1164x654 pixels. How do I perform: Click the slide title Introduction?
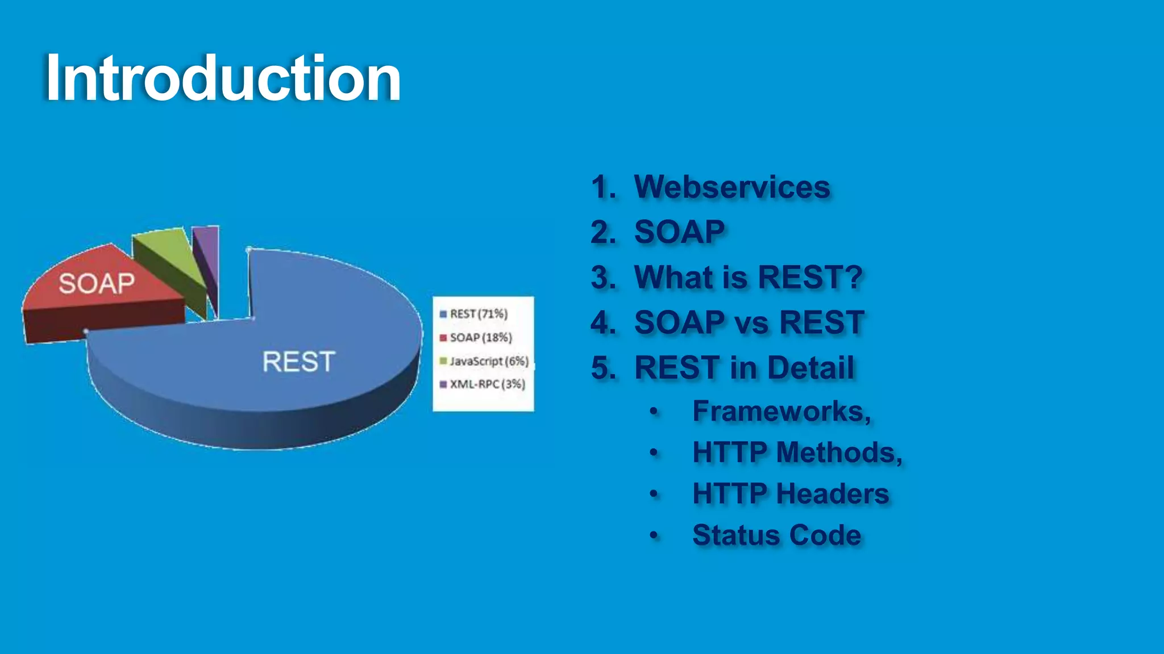pos(223,78)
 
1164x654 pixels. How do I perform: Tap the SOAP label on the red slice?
pos(97,283)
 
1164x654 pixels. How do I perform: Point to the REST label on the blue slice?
pos(299,361)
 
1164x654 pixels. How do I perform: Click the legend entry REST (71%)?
pos(478,314)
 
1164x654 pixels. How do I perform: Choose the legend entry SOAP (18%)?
pos(480,338)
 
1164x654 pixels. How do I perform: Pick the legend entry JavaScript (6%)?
pos(488,361)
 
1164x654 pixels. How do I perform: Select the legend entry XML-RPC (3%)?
pos(487,384)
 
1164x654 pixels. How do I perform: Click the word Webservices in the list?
pos(732,187)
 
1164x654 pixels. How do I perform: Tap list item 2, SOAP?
pos(679,232)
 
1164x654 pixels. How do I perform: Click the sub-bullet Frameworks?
pos(781,411)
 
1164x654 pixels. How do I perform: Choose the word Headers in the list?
pos(833,493)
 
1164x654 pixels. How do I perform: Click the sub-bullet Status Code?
pos(776,535)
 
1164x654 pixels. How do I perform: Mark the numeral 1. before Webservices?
pos(603,187)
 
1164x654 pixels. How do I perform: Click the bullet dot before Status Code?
pos(654,535)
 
